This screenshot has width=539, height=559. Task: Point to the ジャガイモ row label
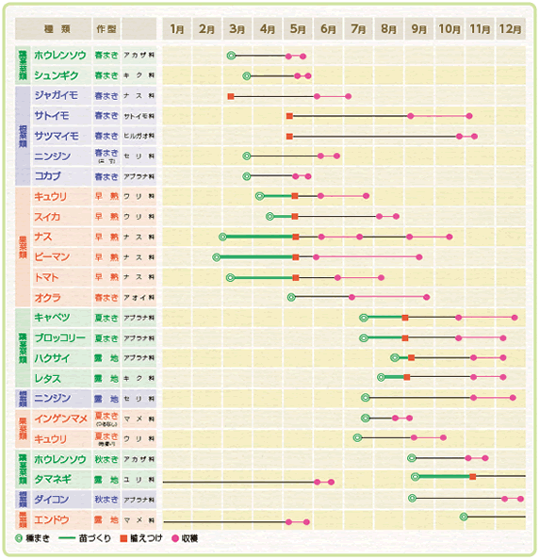click(x=56, y=95)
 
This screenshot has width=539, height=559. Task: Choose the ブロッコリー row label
click(x=60, y=337)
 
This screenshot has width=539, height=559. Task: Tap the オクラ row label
click(x=48, y=297)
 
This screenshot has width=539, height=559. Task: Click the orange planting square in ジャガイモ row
click(x=230, y=96)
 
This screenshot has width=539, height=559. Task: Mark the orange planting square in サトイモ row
click(x=289, y=116)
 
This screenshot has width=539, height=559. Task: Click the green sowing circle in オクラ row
click(x=291, y=297)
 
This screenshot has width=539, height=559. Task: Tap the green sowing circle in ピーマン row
click(x=217, y=256)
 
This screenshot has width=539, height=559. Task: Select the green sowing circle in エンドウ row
click(x=464, y=517)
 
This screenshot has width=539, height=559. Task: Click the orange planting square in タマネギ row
click(x=472, y=477)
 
